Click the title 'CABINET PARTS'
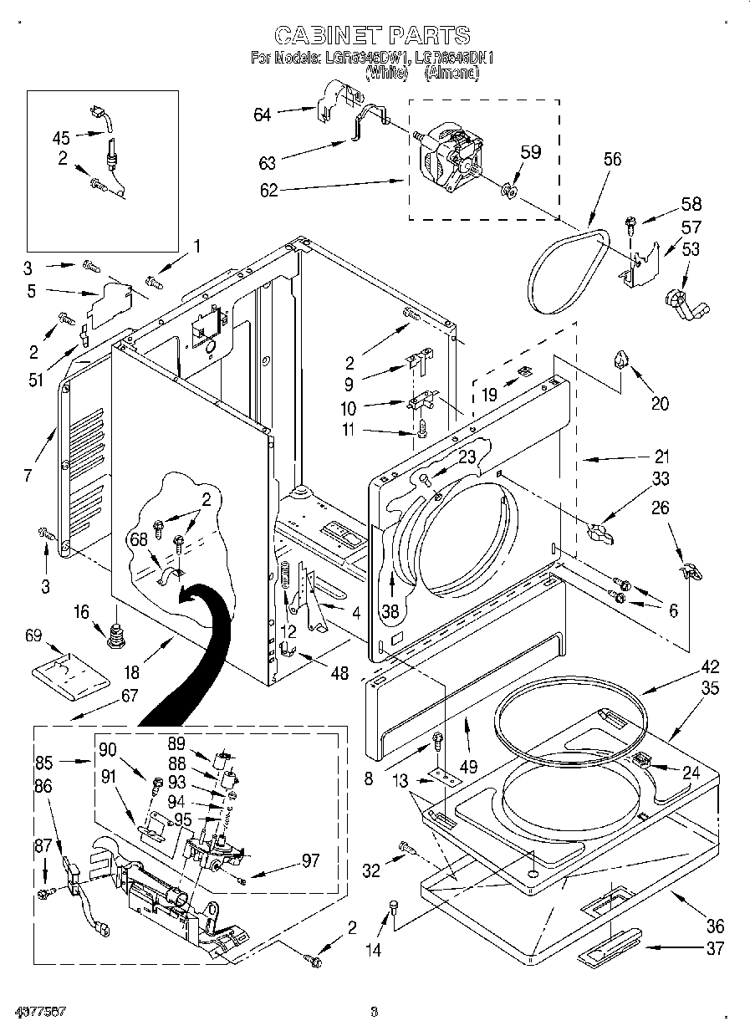pos(373,35)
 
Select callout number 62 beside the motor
pos(268,190)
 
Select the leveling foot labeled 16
pos(115,635)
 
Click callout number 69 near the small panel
pos(33,635)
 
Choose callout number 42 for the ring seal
pos(710,667)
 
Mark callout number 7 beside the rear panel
pos(28,476)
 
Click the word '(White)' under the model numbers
pos(385,74)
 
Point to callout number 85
pos(44,762)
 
